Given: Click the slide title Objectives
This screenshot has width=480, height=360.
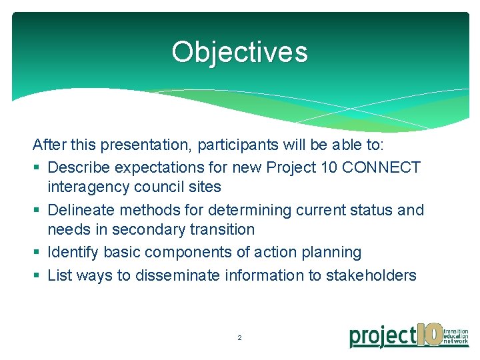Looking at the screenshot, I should (239, 52).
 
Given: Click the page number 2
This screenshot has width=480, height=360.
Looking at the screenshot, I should (240, 338).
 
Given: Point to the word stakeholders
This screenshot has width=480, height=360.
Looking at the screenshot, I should (371, 275).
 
